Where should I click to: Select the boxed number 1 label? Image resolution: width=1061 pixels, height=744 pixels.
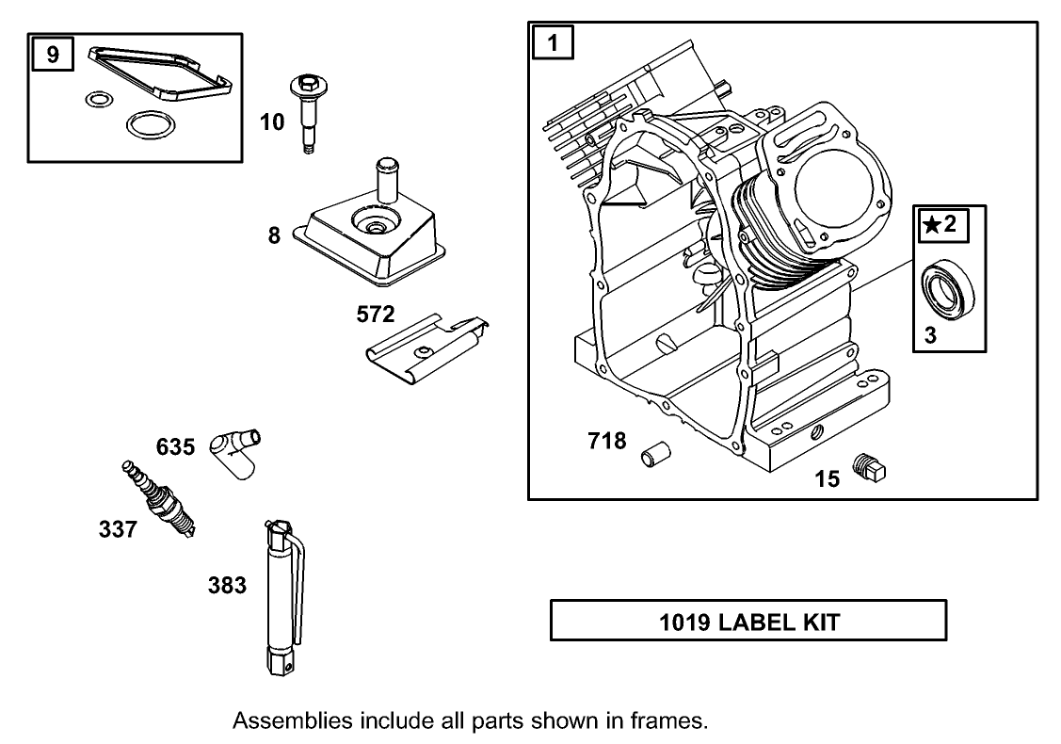554,43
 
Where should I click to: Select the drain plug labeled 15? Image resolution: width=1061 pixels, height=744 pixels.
871,467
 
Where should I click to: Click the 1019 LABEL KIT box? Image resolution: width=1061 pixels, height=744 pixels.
748,622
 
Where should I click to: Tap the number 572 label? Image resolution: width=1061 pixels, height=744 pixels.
375,314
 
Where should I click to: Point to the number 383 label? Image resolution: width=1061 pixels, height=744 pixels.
227,586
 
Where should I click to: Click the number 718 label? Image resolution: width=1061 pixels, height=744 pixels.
606,440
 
